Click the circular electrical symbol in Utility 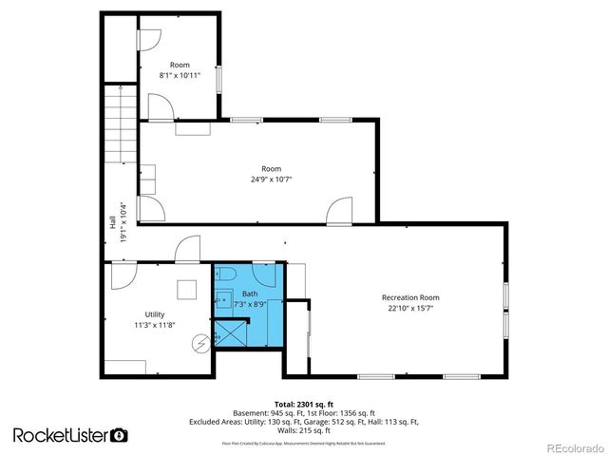click(200, 344)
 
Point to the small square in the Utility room click(186, 286)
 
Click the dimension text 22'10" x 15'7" click(410, 308)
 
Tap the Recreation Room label click(410, 297)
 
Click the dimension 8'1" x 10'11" click(180, 75)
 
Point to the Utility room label click(155, 313)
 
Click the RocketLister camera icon click(119, 435)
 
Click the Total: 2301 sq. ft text click(303, 404)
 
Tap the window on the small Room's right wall click(218, 80)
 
